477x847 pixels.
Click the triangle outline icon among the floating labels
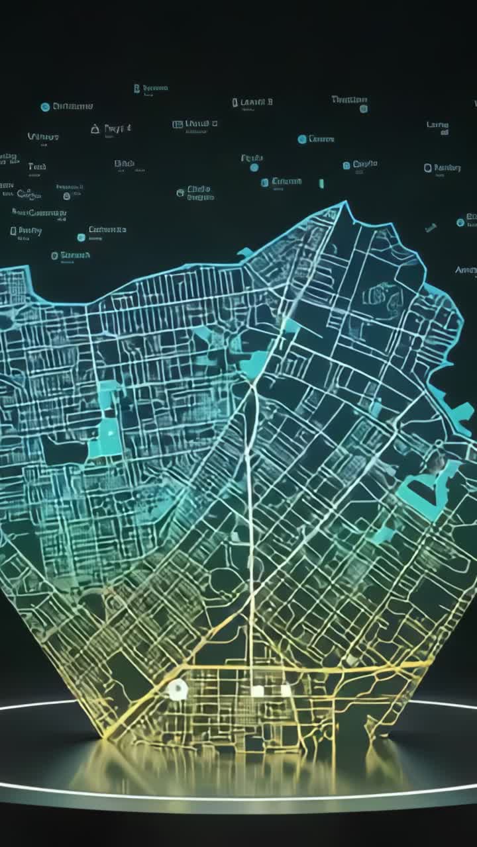click(x=95, y=128)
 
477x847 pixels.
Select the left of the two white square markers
click(x=257, y=691)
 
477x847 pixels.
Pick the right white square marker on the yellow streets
click(x=285, y=690)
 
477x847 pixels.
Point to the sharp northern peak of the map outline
click(x=344, y=204)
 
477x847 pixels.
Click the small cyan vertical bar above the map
click(x=321, y=183)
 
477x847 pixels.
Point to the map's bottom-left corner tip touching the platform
click(x=106, y=736)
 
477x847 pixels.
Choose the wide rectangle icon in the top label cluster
click(x=178, y=124)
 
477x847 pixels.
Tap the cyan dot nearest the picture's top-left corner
click(x=45, y=107)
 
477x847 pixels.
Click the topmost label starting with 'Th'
click(x=349, y=99)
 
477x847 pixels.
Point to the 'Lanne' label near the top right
click(x=437, y=124)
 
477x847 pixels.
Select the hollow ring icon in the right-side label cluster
click(x=428, y=168)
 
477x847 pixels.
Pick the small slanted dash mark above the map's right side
click(x=431, y=228)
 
